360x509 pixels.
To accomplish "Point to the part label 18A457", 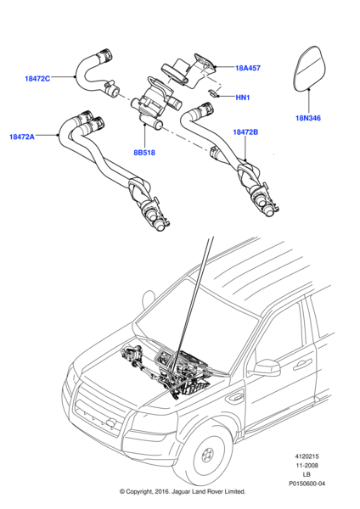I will click(x=249, y=68).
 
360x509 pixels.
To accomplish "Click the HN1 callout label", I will click(x=242, y=98).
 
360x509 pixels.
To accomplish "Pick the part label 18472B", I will click(x=247, y=133).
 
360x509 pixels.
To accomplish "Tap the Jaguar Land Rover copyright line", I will click(x=181, y=501).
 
